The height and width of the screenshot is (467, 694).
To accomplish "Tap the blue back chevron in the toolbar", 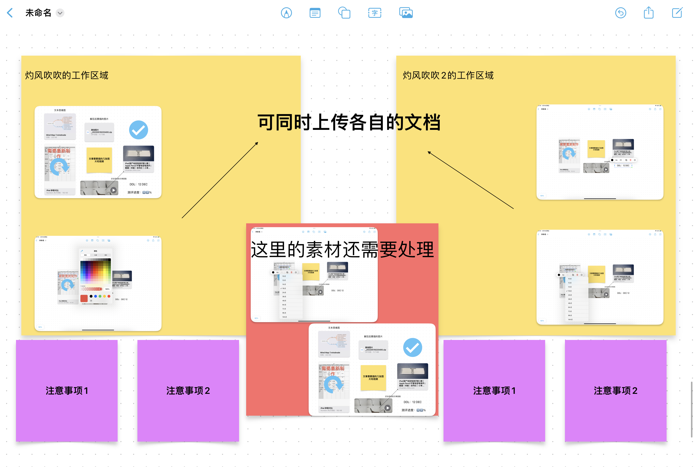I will coord(10,13).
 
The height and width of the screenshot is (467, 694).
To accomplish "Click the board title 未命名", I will coord(38,13).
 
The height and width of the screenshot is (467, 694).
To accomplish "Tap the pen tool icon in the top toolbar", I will coord(286,13).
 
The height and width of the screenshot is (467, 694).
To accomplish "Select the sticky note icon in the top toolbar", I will coord(315,13).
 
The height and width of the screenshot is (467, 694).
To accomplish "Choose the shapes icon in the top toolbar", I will coord(344,13).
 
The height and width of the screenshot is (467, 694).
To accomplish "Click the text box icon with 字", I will coord(374,13).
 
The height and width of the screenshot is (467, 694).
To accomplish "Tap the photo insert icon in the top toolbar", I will coord(406,13).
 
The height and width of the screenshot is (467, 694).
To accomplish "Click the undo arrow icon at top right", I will coord(621,13).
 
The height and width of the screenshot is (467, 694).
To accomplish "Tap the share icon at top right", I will coord(649,13).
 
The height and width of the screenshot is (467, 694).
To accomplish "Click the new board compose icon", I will coord(677,13).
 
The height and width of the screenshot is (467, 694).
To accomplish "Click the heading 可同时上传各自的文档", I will coord(349,122).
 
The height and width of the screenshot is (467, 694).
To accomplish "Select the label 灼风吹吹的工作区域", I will coord(67,75).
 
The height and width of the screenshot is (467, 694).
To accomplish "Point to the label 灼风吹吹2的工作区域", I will coord(448,75).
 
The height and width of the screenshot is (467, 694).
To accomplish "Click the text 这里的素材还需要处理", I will coord(342,249).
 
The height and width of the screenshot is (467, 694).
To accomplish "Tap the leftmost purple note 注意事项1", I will coord(67,391).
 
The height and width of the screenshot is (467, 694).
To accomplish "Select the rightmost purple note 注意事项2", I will coord(616,391).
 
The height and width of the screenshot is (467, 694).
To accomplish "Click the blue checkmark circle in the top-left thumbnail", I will coord(138,130).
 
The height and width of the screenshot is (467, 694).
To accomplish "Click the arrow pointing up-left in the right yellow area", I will coord(470,180).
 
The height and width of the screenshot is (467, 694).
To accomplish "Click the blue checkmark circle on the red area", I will coord(412,347).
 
